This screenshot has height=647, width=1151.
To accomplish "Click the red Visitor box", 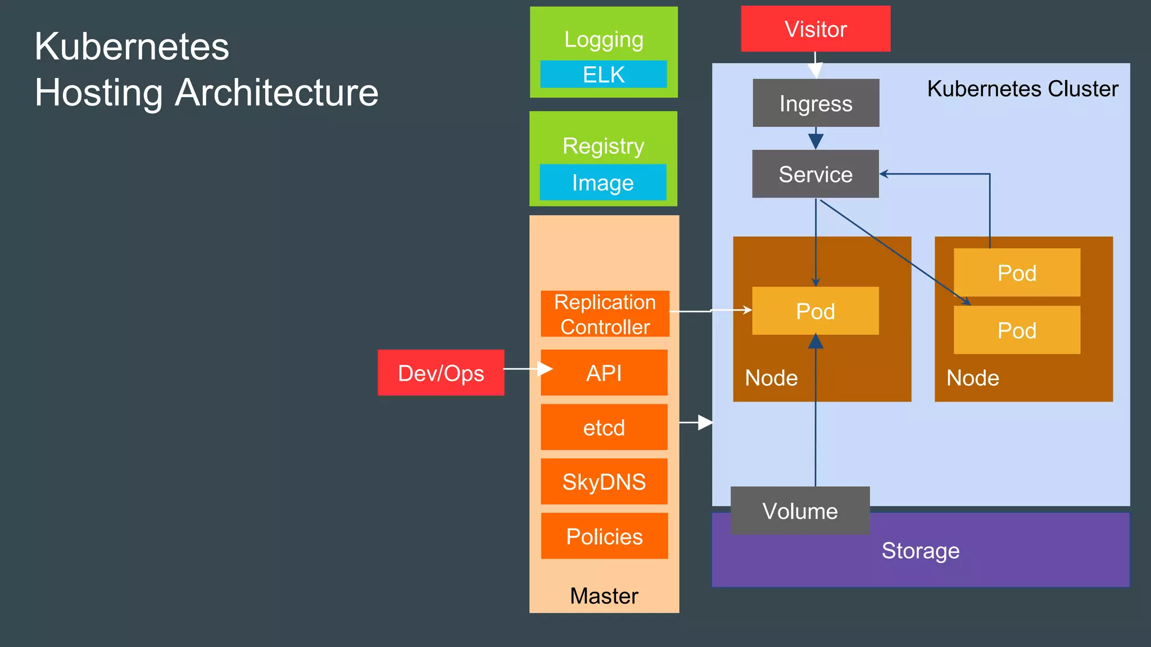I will click(x=815, y=29).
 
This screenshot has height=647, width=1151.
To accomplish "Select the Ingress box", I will click(x=815, y=103).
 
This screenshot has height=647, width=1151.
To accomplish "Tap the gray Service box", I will click(x=815, y=174).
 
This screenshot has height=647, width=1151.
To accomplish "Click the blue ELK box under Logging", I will click(x=604, y=75).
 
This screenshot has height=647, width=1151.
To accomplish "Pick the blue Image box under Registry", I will click(x=603, y=183).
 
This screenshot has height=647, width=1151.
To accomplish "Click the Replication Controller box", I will click(x=605, y=314).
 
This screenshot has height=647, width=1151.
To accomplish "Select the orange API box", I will click(x=604, y=373).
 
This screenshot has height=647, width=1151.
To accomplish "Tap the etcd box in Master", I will click(x=604, y=427).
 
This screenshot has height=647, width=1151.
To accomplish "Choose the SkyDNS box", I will click(x=604, y=482).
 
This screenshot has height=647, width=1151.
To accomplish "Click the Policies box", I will click(x=604, y=536).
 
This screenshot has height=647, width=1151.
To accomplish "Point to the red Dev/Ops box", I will click(x=441, y=373).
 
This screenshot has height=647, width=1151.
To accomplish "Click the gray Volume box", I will click(x=800, y=511).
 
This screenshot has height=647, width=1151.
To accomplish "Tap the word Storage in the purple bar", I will click(x=921, y=550).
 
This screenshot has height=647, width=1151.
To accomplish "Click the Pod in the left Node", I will click(x=815, y=311).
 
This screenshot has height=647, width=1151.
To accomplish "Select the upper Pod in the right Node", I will click(x=1017, y=273).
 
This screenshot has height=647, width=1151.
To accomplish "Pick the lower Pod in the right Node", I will click(x=1017, y=330).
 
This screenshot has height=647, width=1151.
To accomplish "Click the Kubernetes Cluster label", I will click(x=1022, y=89).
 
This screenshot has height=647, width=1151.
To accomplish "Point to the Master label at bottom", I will click(x=604, y=596).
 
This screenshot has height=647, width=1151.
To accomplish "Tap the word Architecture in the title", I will click(x=277, y=93).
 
